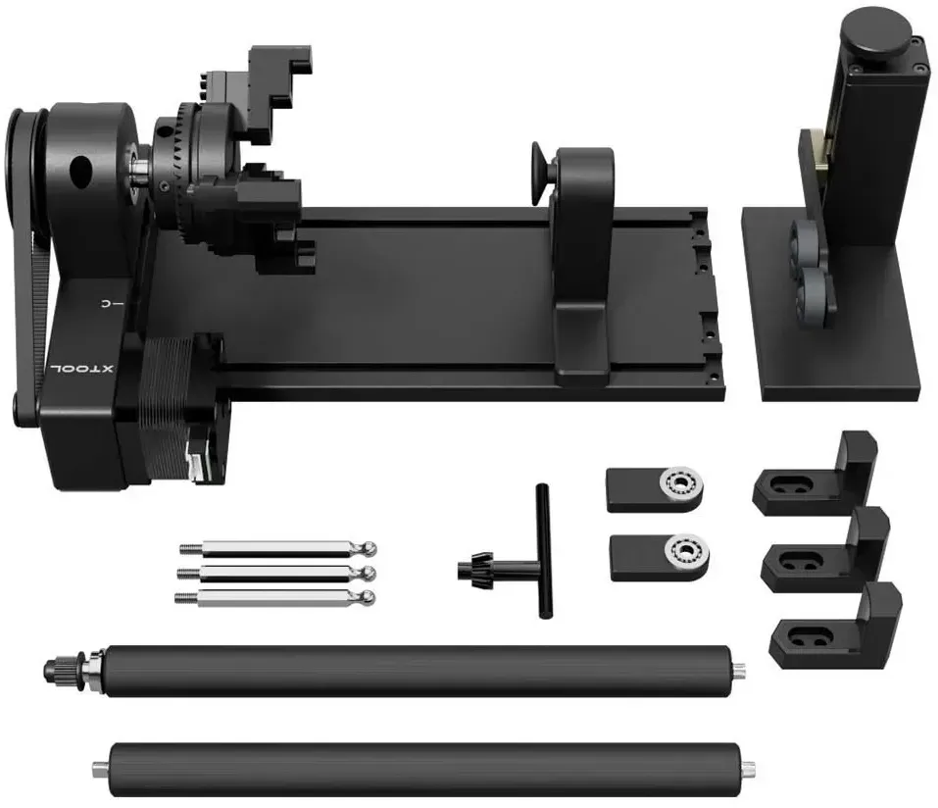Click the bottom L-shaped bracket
pyautogui.click(x=837, y=627)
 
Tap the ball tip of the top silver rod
pyautogui.click(x=370, y=547)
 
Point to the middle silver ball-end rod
pyautogui.click(x=277, y=574)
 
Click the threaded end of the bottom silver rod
pyautogui.click(x=187, y=597)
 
